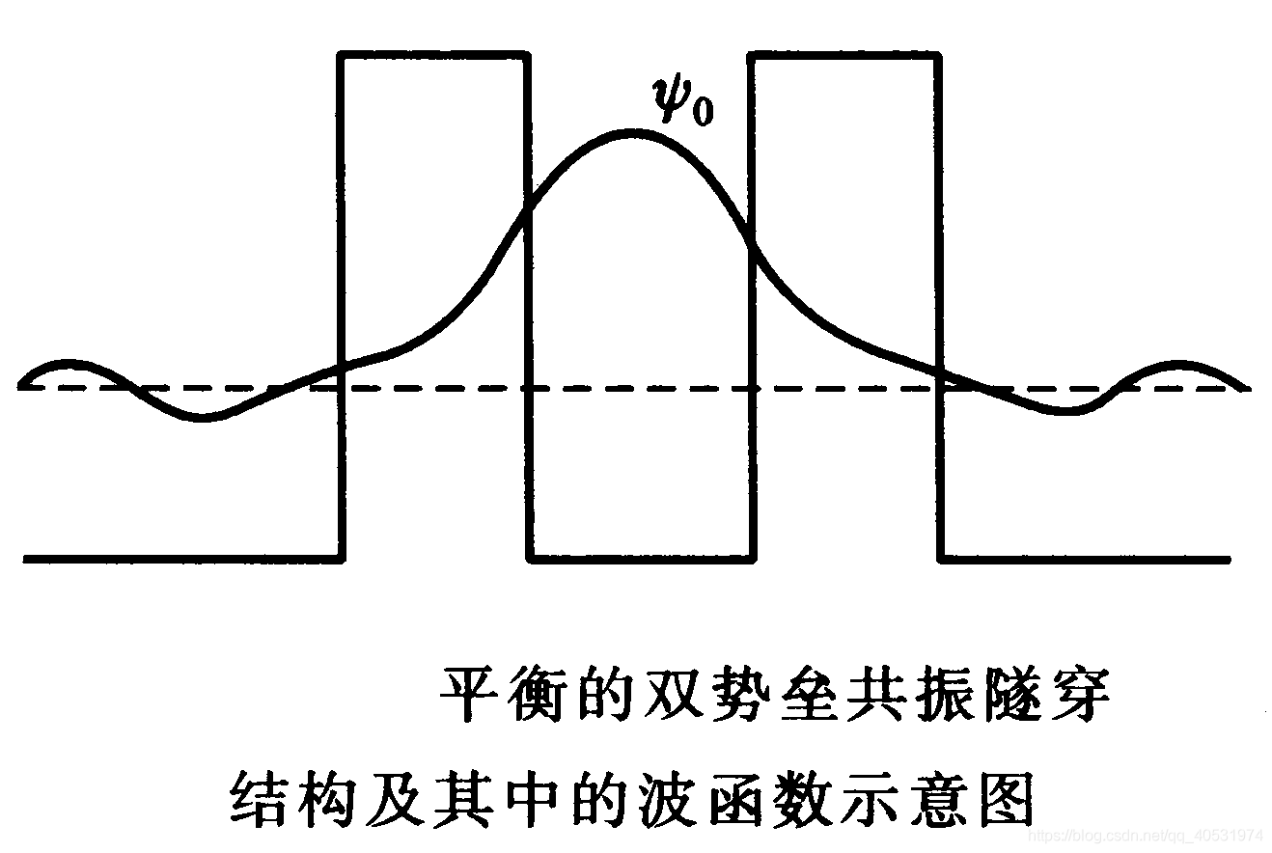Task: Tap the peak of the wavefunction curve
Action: pos(632,132)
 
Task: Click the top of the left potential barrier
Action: pos(433,55)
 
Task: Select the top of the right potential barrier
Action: pos(844,55)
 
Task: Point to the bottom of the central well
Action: pos(640,558)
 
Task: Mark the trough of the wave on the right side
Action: pos(1066,411)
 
